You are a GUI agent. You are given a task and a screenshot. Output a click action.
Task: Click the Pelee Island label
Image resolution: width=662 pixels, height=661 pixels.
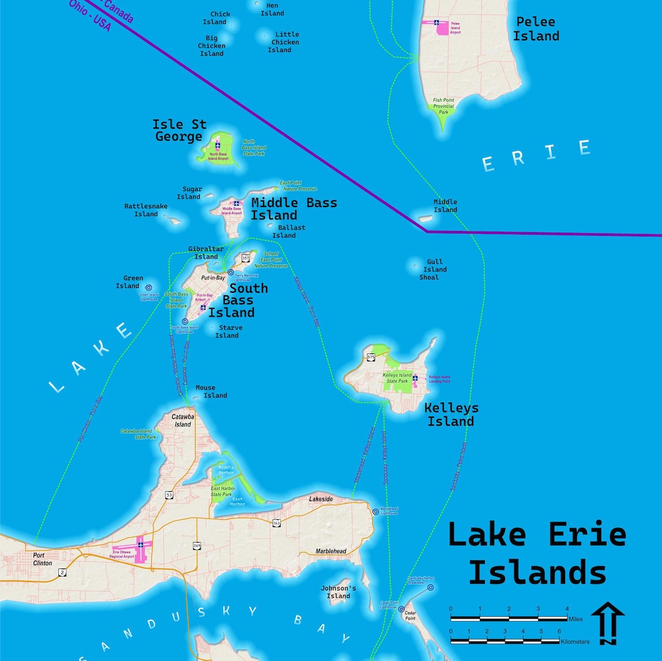pyautogui.click(x=536, y=29)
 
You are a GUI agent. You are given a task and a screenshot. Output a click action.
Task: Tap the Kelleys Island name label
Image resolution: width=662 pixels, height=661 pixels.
pyautogui.click(x=451, y=414)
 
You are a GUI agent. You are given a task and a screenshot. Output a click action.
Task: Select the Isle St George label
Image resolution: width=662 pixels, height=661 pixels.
pyautogui.click(x=178, y=130)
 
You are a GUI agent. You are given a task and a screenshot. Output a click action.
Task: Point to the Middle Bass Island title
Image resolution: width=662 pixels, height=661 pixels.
pyautogui.click(x=294, y=209)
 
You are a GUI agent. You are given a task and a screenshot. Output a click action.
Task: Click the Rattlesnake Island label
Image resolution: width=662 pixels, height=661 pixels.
pyautogui.click(x=146, y=210)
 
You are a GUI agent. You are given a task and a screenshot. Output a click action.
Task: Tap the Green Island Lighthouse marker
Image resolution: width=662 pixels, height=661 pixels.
pyautogui.click(x=148, y=287)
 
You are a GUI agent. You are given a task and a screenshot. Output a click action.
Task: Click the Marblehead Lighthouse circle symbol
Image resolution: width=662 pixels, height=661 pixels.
pyautogui.click(x=375, y=511)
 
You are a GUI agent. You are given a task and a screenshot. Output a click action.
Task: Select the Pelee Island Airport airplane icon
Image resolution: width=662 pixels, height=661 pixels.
pyautogui.click(x=437, y=23)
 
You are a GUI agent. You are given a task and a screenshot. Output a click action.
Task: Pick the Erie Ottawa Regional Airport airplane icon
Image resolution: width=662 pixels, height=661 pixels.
pyautogui.click(x=140, y=544)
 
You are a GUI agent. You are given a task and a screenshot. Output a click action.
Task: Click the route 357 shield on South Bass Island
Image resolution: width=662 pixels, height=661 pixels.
pyautogui.click(x=246, y=258)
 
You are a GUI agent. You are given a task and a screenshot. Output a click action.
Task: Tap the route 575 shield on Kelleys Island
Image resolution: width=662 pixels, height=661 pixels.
pyautogui.click(x=371, y=357)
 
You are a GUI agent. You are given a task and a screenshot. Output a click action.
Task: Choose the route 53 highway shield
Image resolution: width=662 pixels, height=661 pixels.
pyautogui.click(x=169, y=494)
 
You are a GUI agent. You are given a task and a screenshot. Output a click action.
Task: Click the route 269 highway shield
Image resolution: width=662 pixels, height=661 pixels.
pyautogui.click(x=197, y=545)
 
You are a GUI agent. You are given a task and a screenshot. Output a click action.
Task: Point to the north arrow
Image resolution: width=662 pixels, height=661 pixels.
pyautogui.click(x=608, y=623)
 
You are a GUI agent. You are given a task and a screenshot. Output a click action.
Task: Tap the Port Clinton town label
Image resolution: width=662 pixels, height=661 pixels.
pyautogui.click(x=43, y=559)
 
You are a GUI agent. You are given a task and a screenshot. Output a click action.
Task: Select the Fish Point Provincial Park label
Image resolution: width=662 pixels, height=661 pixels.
pyautogui.click(x=443, y=106)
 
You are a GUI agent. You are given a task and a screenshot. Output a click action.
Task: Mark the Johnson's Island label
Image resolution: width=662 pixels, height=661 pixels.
pyautogui.click(x=338, y=592)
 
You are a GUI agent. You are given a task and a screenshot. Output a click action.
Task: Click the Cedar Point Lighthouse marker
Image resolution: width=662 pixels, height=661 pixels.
pyautogui.click(x=401, y=610)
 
